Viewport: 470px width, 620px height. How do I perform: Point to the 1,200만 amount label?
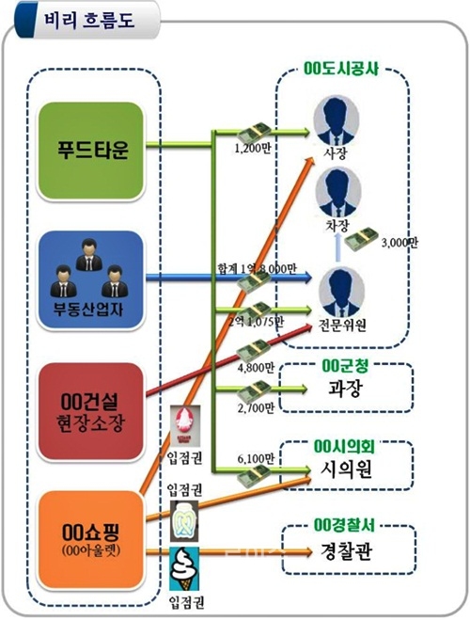click(x=251, y=148)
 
